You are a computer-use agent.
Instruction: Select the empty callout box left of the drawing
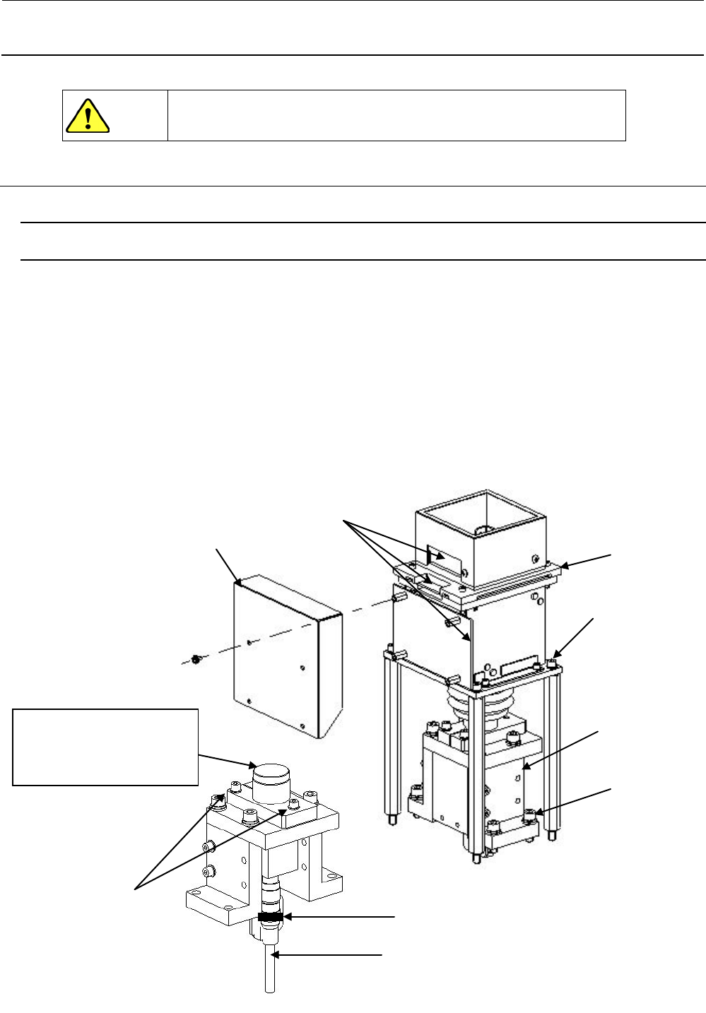(105, 747)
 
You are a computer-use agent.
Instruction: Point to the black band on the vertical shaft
(270, 917)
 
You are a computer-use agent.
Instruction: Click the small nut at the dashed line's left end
(196, 660)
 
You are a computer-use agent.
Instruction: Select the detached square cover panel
(286, 653)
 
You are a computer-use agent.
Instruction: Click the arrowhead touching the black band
(286, 917)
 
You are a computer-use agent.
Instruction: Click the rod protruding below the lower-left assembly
(270, 971)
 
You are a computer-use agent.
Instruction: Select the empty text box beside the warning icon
(396, 115)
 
